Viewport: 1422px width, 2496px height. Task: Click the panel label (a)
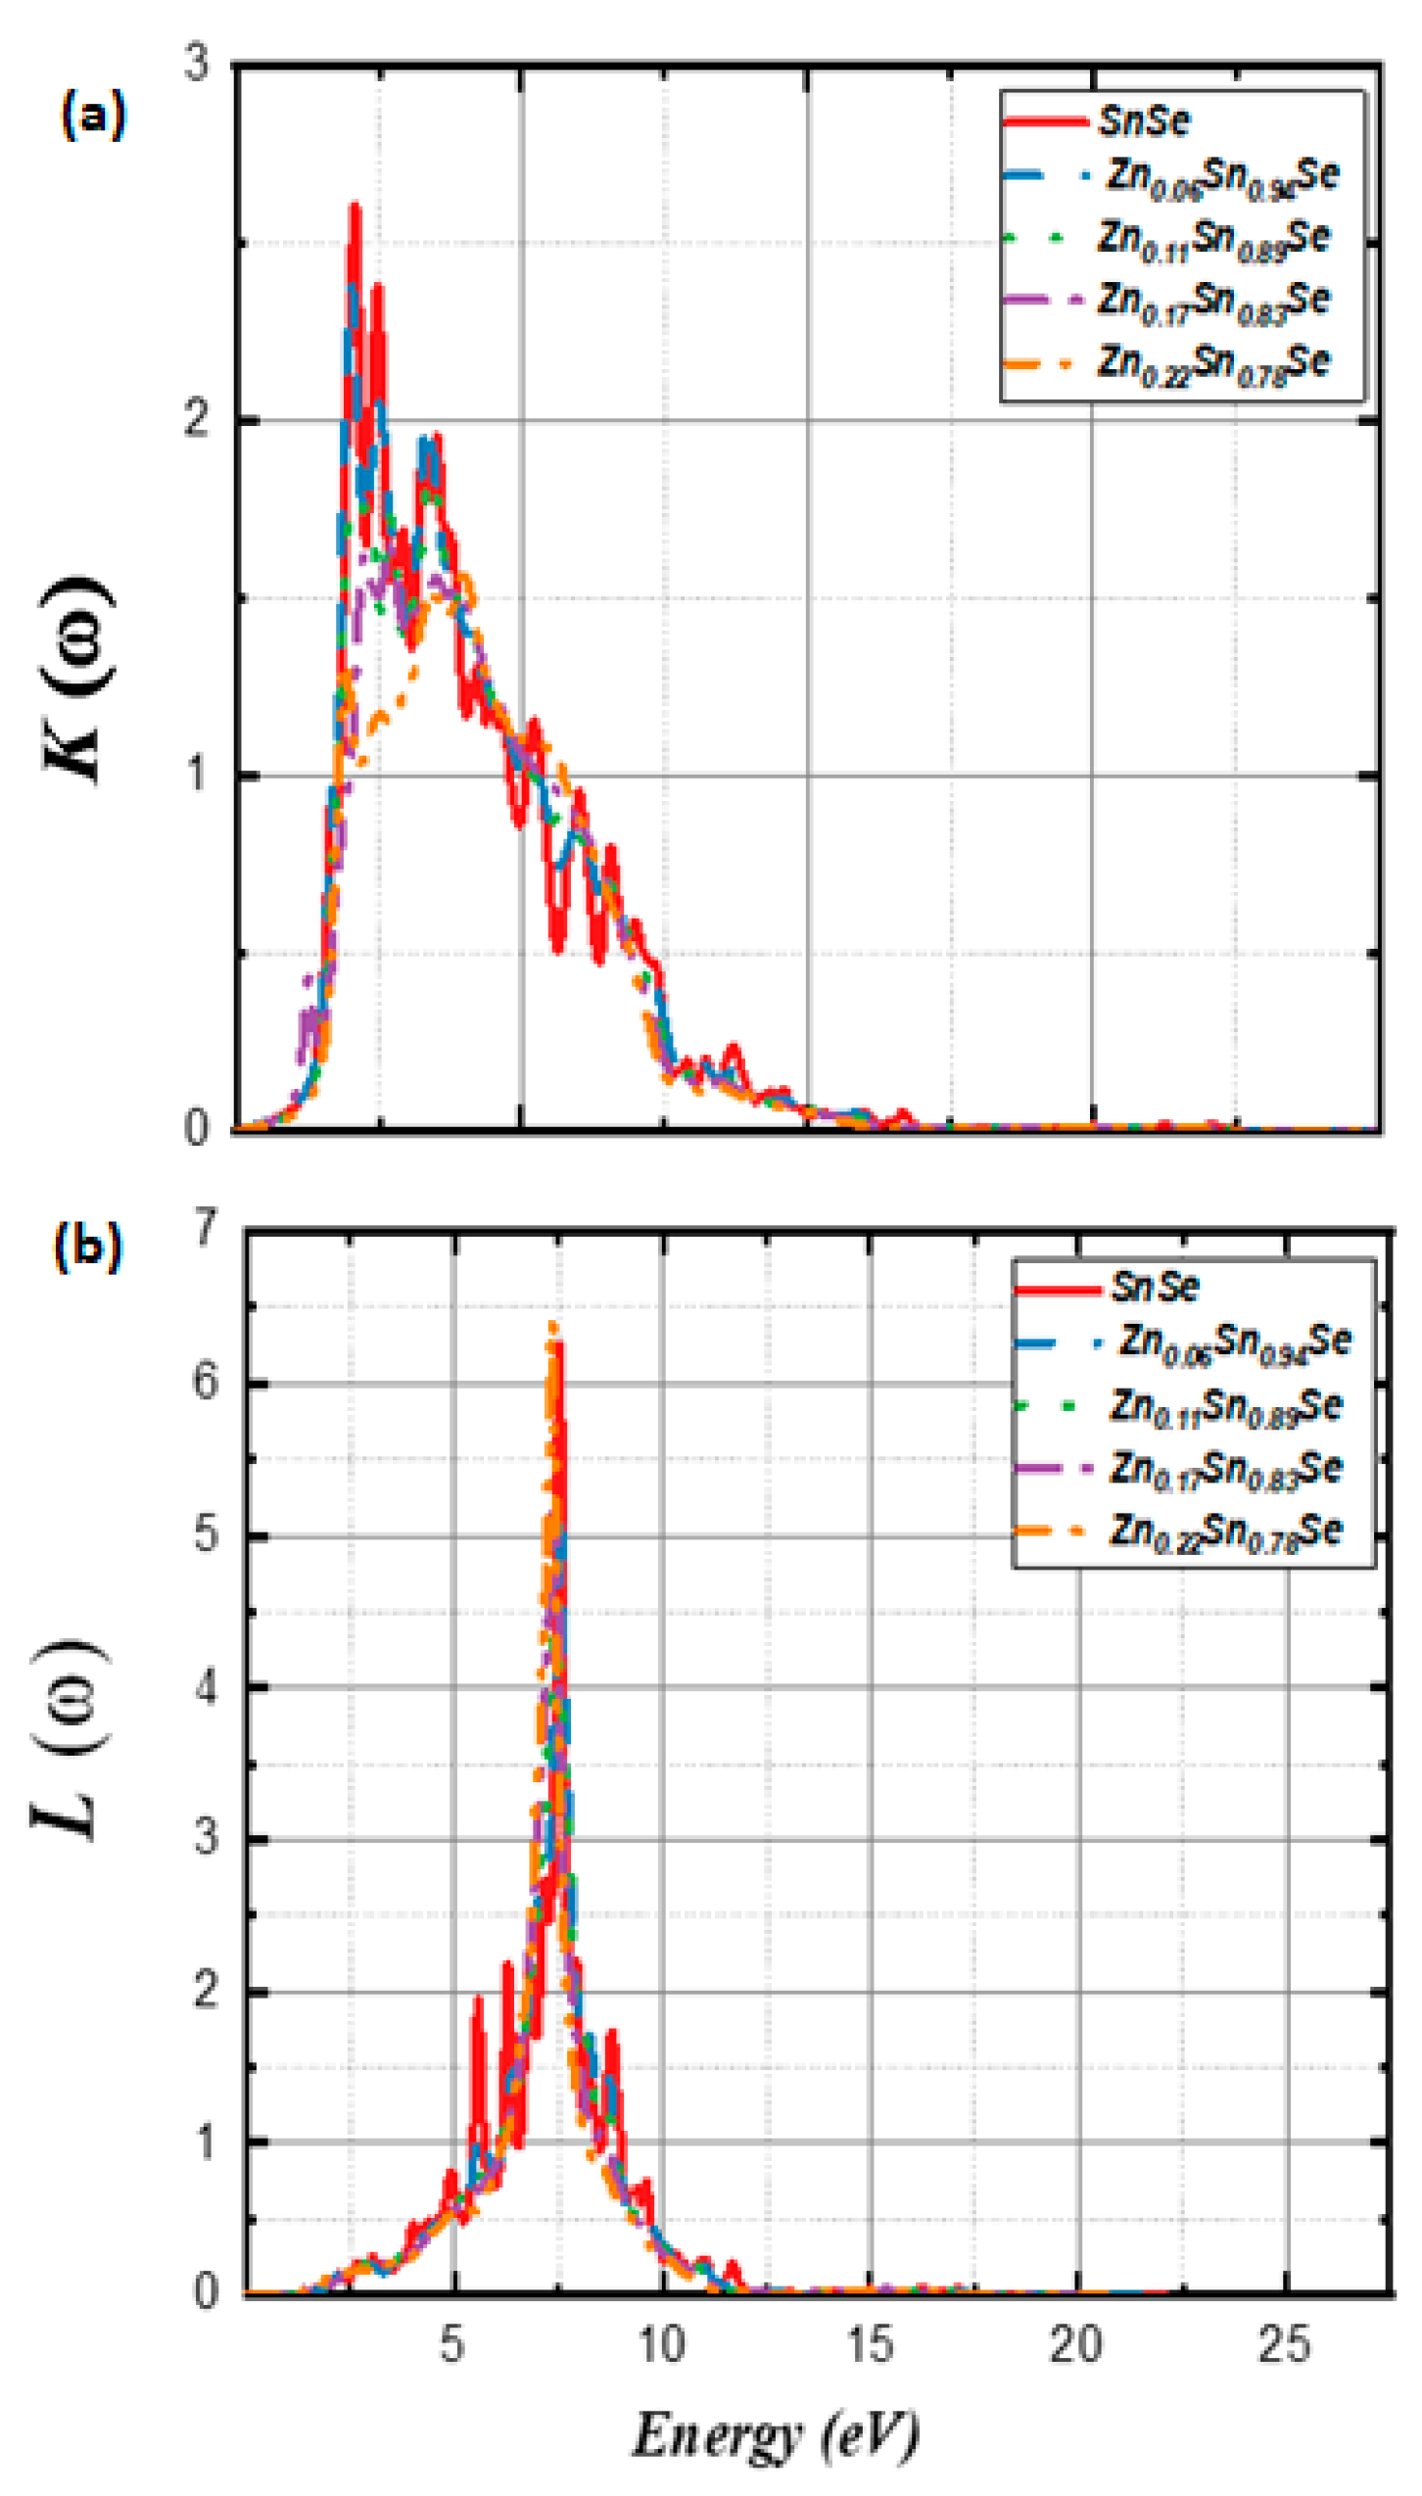click(x=93, y=116)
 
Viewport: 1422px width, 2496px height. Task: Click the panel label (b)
click(x=88, y=1246)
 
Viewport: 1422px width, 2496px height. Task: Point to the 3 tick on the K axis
click(x=198, y=64)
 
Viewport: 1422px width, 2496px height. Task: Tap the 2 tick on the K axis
click(x=198, y=420)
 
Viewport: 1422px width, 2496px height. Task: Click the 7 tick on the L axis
click(x=206, y=1226)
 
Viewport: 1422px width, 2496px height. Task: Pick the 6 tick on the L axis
click(x=206, y=1382)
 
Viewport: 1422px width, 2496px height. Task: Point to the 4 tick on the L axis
click(x=206, y=1686)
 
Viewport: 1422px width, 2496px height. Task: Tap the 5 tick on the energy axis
click(x=451, y=2343)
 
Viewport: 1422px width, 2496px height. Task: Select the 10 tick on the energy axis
click(x=662, y=2343)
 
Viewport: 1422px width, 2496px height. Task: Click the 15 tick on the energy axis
click(x=870, y=2343)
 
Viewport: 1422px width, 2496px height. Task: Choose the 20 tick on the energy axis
click(x=1077, y=2343)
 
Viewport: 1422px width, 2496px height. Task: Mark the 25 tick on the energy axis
click(x=1284, y=2343)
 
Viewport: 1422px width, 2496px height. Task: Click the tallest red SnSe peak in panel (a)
click(x=355, y=208)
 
